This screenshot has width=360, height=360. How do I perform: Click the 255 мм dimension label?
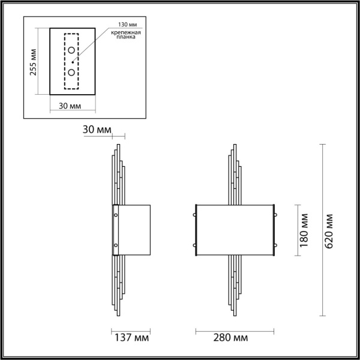point(33,62)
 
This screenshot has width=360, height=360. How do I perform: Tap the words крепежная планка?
point(122,34)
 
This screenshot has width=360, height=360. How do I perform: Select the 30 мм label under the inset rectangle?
point(71,106)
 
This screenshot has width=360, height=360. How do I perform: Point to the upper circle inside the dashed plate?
point(71,50)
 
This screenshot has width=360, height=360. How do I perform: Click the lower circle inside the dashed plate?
point(71,73)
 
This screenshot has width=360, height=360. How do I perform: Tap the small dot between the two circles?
point(72,61)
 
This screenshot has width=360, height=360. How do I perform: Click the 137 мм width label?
point(131,339)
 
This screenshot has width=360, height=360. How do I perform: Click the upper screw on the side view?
point(116,212)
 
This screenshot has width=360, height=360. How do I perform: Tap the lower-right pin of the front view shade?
point(275,245)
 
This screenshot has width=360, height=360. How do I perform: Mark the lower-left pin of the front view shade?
point(196,245)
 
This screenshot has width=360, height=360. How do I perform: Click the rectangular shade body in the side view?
point(134,230)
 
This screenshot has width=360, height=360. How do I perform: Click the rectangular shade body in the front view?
point(235,230)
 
